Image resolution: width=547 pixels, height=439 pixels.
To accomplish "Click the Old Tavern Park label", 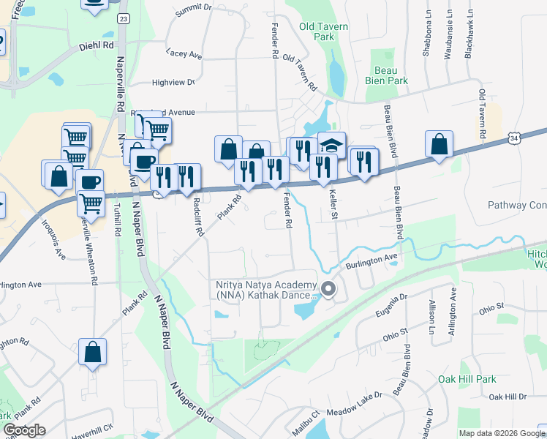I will pyautogui.click(x=323, y=31).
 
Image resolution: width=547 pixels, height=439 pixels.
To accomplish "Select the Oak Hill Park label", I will pyautogui.click(x=467, y=379).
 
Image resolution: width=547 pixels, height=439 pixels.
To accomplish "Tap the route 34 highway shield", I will pyautogui.click(x=516, y=138).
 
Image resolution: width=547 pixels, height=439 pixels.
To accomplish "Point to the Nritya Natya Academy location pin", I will pyautogui.click(x=328, y=290).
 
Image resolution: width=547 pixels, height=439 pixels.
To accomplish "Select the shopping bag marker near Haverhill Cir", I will pyautogui.click(x=93, y=352).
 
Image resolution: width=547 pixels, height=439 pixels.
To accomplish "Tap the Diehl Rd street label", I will pyautogui.click(x=97, y=45).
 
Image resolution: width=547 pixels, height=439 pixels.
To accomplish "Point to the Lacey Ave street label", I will pyautogui.click(x=184, y=54).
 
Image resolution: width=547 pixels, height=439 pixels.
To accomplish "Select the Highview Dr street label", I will pyautogui.click(x=173, y=83).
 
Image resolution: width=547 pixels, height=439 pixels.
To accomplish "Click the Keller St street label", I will pyautogui.click(x=333, y=202).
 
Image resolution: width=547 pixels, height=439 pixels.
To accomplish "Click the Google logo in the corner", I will pyautogui.click(x=24, y=430).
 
